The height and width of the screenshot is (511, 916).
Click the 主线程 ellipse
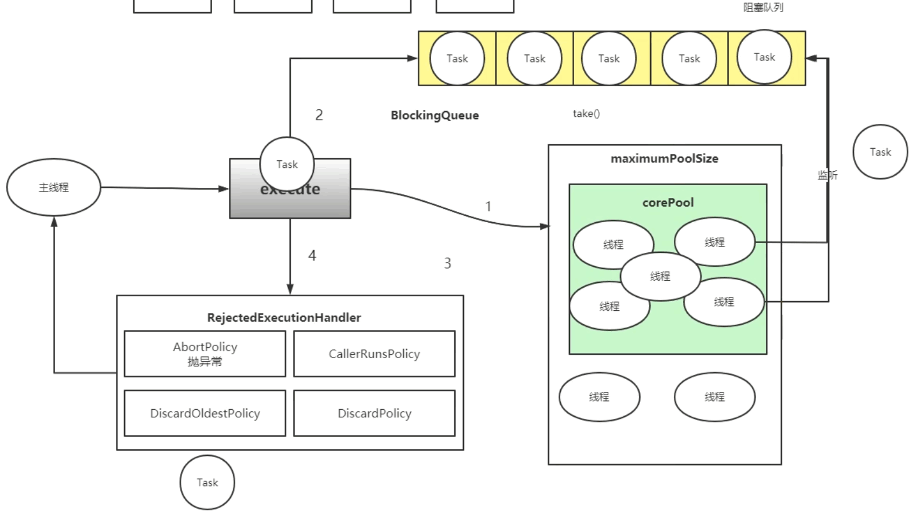(53, 188)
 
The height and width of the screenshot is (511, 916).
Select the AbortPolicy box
(205, 354)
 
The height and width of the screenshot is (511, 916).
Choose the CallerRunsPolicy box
(374, 354)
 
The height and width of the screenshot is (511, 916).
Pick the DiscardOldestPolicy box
(205, 413)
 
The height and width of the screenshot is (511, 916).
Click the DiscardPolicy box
(374, 413)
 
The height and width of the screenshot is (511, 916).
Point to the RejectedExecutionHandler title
(284, 317)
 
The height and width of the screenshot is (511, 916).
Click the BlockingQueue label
(435, 115)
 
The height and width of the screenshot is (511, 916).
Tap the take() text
(586, 113)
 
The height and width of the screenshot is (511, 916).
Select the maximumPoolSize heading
(664, 159)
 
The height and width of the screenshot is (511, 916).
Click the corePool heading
(667, 203)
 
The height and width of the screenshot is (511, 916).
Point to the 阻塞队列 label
(763, 8)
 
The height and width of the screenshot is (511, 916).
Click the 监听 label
(827, 175)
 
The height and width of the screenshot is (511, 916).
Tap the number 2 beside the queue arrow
(319, 115)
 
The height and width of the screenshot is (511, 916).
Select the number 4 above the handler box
(312, 256)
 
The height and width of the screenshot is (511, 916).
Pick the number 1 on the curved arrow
(488, 207)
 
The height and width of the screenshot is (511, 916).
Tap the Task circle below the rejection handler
(207, 482)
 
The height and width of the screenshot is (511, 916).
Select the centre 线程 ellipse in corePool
(660, 277)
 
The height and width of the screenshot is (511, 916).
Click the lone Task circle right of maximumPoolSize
(880, 152)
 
